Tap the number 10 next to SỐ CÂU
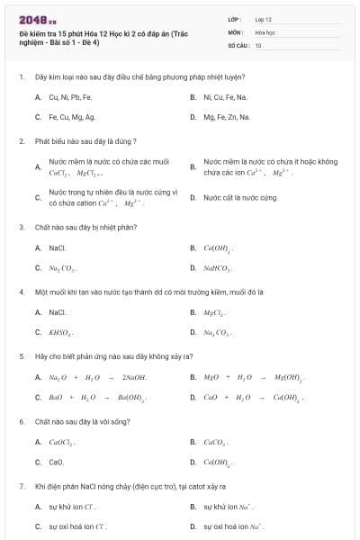point(258,44)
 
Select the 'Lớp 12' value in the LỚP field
point(263,18)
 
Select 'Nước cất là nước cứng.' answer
point(240,197)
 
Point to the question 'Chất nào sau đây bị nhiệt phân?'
point(85,227)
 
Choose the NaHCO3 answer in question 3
point(218,268)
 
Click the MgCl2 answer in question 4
point(214,312)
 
